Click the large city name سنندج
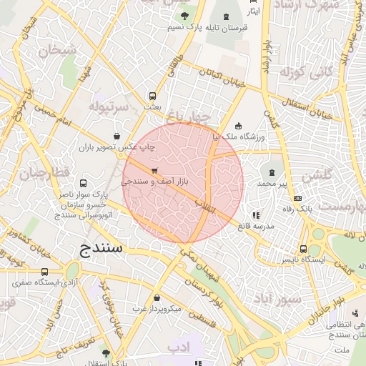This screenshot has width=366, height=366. click(98, 248)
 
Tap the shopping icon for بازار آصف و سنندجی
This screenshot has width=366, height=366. click(154, 170)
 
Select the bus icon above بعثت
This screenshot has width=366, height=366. click(152, 96)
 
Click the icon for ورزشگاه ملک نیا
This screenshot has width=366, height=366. click(238, 126)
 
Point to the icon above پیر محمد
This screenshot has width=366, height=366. click(272, 172)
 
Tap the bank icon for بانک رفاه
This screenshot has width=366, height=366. click(298, 199)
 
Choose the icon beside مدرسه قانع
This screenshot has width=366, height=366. click(256, 214)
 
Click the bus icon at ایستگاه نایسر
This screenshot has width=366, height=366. click(304, 249)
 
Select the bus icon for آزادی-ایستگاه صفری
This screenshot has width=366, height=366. click(45, 272)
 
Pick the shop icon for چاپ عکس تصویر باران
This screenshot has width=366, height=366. click(117, 136)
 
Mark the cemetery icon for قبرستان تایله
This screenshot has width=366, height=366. click(227, 16)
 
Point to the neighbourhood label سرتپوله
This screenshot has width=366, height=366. click(108, 105)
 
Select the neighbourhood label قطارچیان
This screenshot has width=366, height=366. click(43, 174)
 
